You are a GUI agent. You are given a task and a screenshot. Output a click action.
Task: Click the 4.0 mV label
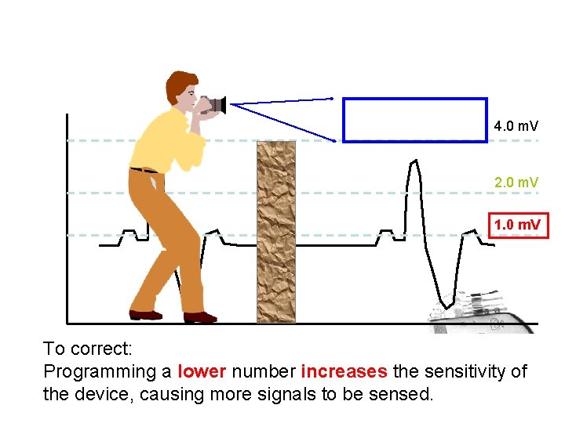tap(516, 125)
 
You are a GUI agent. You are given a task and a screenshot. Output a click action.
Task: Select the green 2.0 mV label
tap(516, 183)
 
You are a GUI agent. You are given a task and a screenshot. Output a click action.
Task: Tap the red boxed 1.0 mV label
tap(516, 226)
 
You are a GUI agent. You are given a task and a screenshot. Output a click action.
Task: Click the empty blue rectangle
tap(415, 120)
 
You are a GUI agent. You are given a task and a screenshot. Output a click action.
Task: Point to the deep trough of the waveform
tap(445, 304)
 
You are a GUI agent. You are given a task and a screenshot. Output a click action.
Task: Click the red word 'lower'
tap(202, 371)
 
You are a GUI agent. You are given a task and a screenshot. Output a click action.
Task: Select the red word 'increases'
tap(344, 371)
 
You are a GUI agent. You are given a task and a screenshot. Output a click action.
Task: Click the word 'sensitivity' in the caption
tap(462, 371)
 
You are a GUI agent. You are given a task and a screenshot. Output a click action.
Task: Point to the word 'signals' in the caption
tap(287, 394)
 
